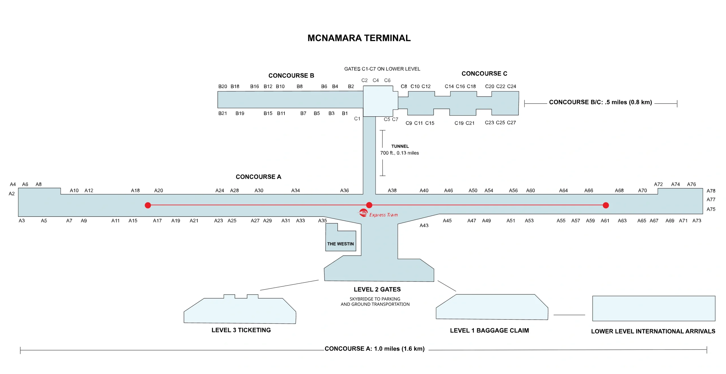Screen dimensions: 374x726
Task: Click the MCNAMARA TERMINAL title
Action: [359, 38]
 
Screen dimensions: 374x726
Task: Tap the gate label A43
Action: [424, 225]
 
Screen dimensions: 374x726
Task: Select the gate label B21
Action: [222, 113]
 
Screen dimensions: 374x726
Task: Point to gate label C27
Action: [511, 123]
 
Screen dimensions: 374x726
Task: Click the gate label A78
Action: [711, 191]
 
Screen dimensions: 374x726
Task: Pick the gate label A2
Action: [12, 194]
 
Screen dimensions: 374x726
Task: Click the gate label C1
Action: [357, 119]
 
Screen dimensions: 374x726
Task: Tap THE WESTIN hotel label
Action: [340, 244]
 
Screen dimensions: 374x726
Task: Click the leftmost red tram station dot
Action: [148, 205]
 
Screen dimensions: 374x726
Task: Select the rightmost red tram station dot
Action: [605, 205]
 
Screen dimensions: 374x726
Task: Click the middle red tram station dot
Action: [369, 205]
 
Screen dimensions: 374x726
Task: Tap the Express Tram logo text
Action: [383, 215]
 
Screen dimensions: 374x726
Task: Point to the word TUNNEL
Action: [400, 146]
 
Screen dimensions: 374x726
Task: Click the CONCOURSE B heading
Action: [291, 75]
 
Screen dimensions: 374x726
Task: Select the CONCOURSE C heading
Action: [484, 73]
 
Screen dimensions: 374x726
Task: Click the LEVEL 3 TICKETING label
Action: [241, 330]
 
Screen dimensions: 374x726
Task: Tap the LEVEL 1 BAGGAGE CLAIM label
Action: [489, 330]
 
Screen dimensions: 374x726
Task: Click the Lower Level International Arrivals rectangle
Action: [653, 308]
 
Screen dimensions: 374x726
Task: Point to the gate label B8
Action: [299, 86]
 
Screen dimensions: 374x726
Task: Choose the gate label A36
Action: [344, 190]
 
